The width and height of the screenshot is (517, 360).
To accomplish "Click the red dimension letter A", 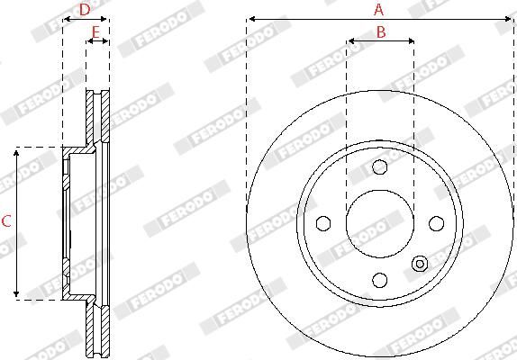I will [379, 10].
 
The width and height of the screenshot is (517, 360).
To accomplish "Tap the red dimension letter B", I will [380, 32].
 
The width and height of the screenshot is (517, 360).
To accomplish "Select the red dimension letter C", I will [6, 221].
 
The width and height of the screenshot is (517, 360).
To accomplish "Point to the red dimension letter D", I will [84, 10].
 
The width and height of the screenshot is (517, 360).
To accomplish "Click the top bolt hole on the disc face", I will [379, 166].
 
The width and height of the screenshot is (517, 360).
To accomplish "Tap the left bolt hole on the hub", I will [322, 223].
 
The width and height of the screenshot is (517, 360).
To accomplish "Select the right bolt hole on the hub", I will [436, 223].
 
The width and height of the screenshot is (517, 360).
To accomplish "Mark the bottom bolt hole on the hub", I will [379, 280].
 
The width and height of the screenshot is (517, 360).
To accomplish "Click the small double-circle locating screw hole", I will [419, 263].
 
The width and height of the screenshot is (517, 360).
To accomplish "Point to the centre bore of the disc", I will [379, 223].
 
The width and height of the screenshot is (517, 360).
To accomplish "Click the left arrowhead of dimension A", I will [249, 18].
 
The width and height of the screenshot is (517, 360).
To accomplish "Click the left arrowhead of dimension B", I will [349, 40].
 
